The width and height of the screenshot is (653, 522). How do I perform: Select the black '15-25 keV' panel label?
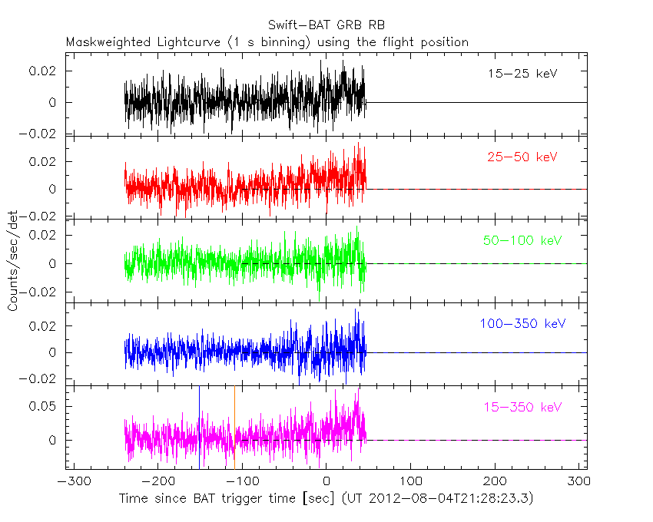pyautogui.click(x=522, y=74)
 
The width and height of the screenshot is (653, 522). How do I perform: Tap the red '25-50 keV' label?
pyautogui.click(x=522, y=157)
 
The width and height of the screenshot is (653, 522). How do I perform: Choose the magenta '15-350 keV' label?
pyautogui.click(x=522, y=407)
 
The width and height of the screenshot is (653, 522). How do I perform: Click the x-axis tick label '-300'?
pyautogui.click(x=70, y=483)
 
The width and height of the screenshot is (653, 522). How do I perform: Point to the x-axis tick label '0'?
pyautogui.click(x=326, y=483)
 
